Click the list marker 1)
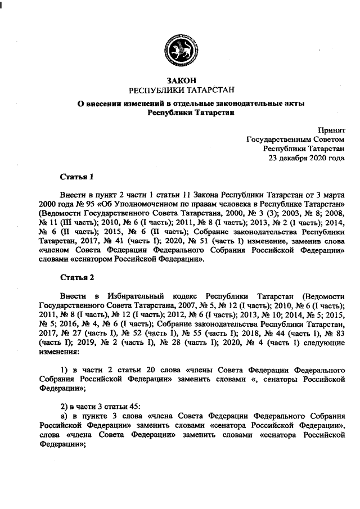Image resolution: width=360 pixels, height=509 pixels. point(64,369)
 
